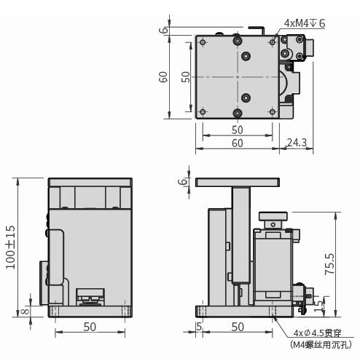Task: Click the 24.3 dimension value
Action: (x=297, y=143)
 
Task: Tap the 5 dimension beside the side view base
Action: (x=199, y=327)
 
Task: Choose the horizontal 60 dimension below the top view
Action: (x=237, y=143)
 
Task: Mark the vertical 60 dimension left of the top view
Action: (x=165, y=76)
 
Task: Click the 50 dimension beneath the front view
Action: (x=89, y=327)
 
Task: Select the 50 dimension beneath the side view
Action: (x=237, y=327)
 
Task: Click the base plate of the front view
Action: (x=89, y=312)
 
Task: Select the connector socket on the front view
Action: (x=89, y=295)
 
